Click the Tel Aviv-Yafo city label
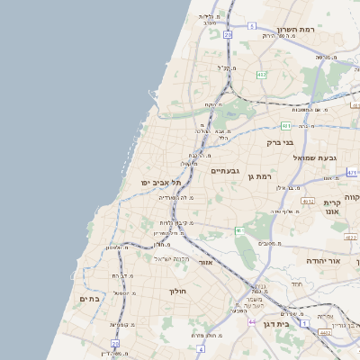161,183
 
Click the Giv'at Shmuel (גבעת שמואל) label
314,157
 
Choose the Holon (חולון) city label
177,292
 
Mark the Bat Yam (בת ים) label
88,298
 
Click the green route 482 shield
261,75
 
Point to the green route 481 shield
285,125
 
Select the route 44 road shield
253,320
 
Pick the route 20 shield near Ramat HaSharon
229,35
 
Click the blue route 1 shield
305,320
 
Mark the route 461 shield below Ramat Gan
240,231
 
